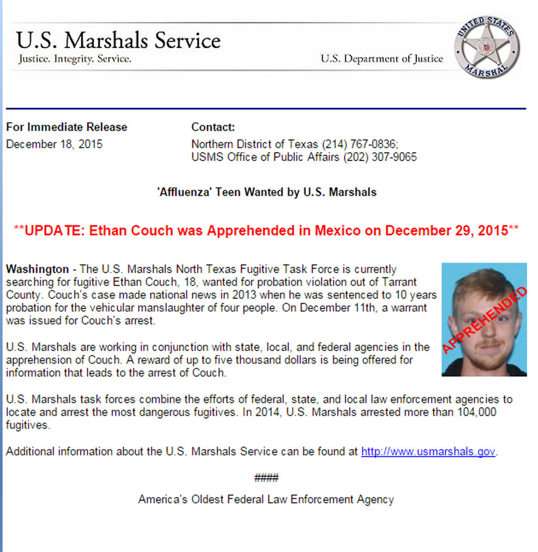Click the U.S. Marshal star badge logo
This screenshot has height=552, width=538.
[x=487, y=47]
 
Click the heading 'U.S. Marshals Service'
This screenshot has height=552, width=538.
[x=118, y=41]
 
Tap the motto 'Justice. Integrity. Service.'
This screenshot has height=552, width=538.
[x=75, y=59]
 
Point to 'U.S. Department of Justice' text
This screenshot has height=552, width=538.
[x=382, y=59]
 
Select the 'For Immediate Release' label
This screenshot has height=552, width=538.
[x=67, y=127]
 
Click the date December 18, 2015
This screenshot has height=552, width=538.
[x=54, y=144]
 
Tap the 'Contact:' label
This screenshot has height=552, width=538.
[x=213, y=127]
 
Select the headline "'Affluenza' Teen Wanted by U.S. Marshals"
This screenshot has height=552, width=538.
[x=267, y=192]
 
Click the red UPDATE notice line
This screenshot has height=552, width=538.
[x=267, y=230]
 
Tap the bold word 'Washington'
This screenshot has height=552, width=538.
[x=37, y=269]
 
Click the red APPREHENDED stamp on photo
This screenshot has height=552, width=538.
[x=484, y=320]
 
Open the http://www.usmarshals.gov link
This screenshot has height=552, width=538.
[x=428, y=451]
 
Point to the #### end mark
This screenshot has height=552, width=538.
[x=266, y=478]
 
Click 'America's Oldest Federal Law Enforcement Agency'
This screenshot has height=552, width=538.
[x=266, y=499]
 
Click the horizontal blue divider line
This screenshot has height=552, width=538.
[x=266, y=109]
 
